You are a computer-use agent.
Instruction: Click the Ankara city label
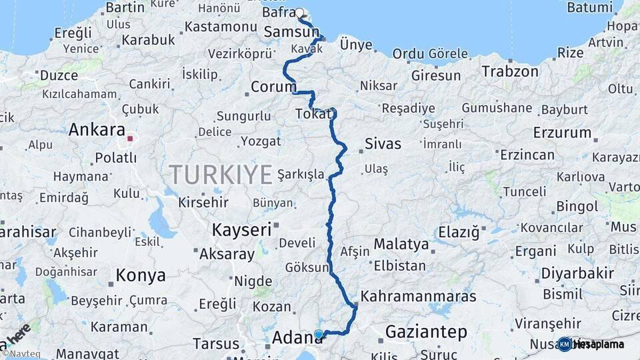(x=97, y=129)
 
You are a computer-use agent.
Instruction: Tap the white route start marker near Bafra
(x=299, y=13)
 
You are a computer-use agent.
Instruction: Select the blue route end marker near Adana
(x=319, y=334)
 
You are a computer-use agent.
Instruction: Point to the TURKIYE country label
(x=221, y=175)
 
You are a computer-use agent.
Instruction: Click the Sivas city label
(x=383, y=144)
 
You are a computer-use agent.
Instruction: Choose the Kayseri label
(x=241, y=230)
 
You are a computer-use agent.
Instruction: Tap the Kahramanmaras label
(x=418, y=296)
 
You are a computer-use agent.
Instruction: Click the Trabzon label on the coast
(x=510, y=71)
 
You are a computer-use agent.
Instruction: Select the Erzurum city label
(x=563, y=133)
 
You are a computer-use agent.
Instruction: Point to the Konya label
(x=141, y=275)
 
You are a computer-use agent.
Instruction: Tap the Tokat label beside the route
(x=313, y=115)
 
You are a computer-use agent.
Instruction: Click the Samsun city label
(x=291, y=32)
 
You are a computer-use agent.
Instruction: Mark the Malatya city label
(x=401, y=244)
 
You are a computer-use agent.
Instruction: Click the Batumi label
(x=589, y=7)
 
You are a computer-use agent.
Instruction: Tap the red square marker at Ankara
(x=131, y=139)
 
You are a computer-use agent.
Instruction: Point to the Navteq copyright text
(x=21, y=353)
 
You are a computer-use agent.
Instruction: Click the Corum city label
(x=273, y=87)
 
